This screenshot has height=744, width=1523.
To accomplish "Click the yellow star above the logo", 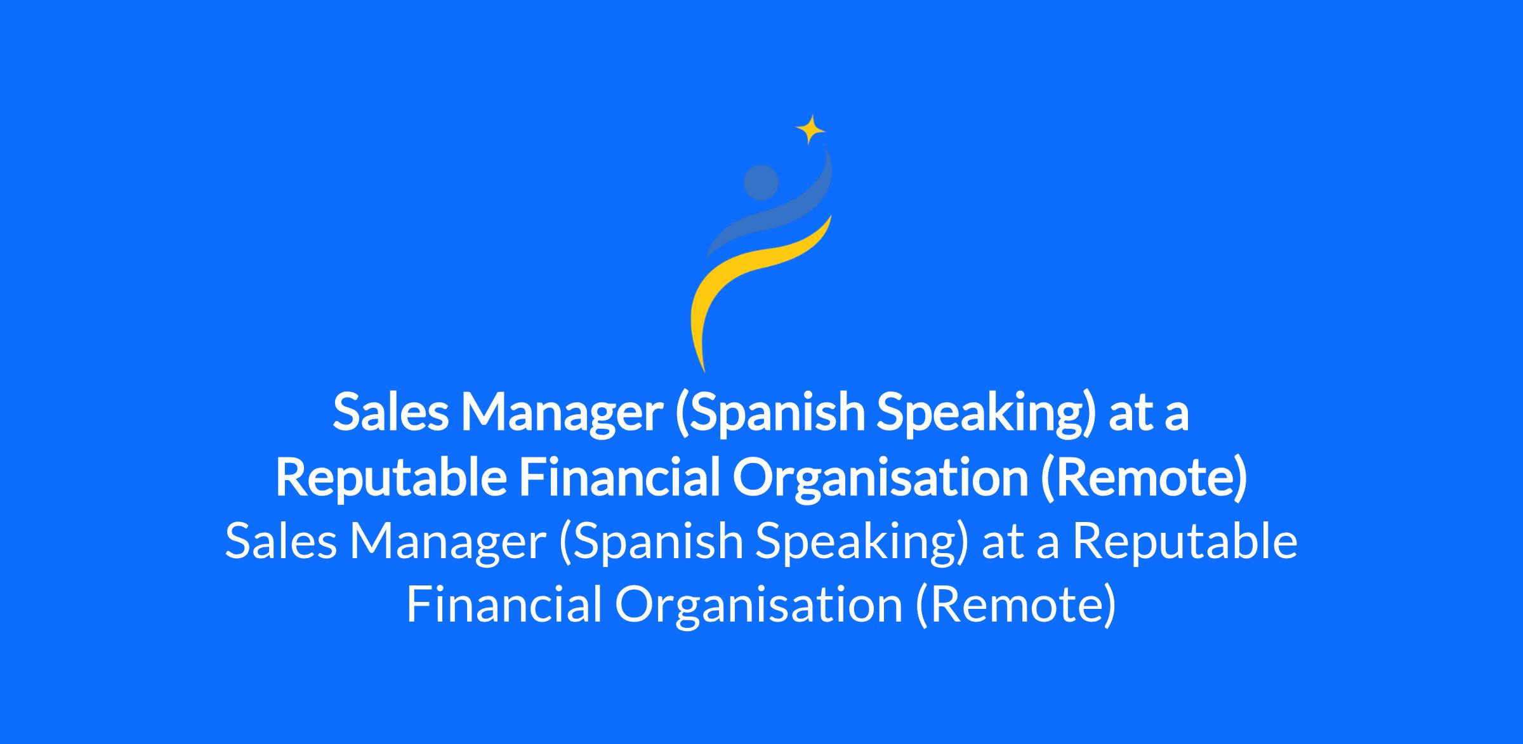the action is (x=810, y=129).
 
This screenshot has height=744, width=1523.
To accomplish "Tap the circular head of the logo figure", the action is (x=761, y=182).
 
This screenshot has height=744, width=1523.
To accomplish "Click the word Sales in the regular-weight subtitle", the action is (x=280, y=542).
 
